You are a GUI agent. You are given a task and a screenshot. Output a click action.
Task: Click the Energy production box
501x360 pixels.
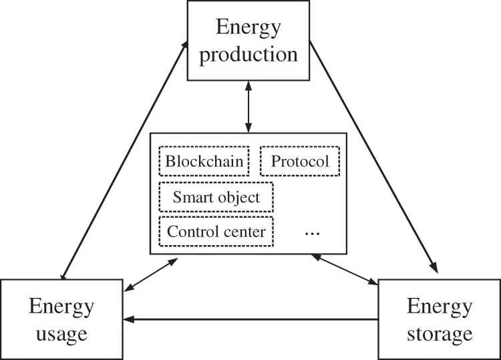click(x=248, y=41)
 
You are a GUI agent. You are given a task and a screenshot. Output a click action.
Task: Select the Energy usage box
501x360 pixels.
click(x=61, y=319)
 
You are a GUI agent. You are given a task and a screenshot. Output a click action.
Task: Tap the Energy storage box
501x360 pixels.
click(x=439, y=319)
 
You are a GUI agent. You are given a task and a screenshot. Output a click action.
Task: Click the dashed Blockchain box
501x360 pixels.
click(x=204, y=161)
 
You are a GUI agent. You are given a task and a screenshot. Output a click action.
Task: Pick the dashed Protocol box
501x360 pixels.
click(x=299, y=161)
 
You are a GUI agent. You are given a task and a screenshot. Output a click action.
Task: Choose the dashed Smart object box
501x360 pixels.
click(x=216, y=197)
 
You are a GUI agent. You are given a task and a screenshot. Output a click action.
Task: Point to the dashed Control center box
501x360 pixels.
click(x=216, y=232)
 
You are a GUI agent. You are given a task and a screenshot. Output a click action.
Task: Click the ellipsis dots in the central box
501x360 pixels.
click(x=312, y=232)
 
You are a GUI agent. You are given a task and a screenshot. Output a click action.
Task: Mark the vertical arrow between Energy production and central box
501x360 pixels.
click(x=248, y=106)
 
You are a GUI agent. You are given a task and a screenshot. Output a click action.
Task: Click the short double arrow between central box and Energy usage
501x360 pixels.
click(x=150, y=275)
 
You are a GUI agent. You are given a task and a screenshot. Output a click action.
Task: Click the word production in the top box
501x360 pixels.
click(x=248, y=53)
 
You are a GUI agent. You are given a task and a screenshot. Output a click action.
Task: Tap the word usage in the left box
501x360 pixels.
click(x=61, y=332)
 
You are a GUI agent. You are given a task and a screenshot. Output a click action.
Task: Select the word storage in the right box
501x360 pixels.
click(x=439, y=332)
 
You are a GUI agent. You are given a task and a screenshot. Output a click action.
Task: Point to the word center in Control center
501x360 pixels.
click(x=244, y=232)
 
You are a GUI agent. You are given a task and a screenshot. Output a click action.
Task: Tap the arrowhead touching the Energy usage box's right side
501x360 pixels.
click(x=130, y=319)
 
